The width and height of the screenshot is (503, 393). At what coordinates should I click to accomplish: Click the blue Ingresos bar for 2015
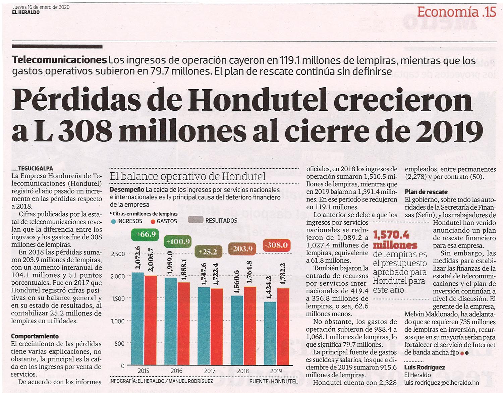point(137,319)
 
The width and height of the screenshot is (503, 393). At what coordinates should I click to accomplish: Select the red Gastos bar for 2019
point(283,327)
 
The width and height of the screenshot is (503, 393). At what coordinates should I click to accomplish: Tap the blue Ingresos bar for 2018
point(237,331)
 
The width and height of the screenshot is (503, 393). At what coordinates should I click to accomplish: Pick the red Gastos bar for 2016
point(183,324)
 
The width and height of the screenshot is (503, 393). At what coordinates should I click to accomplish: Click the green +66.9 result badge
point(145,234)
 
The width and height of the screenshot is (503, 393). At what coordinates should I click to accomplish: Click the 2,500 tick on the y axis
point(118,254)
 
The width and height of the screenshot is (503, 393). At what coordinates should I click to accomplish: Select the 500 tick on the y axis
point(120,343)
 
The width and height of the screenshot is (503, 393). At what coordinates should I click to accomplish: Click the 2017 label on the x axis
point(210,371)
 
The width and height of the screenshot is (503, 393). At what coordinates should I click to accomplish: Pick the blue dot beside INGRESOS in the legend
point(113,221)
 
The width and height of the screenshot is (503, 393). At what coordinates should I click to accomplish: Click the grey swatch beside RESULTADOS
point(196,220)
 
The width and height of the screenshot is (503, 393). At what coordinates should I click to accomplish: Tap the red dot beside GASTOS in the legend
point(153,222)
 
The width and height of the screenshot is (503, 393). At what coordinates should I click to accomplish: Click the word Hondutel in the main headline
point(258,99)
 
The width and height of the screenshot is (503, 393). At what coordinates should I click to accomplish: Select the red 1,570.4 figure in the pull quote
point(391,235)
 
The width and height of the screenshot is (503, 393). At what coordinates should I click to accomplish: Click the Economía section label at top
point(448,12)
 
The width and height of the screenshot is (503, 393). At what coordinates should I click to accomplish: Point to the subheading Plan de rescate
point(426,192)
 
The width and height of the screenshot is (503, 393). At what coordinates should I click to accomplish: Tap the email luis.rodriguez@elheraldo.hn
point(441,383)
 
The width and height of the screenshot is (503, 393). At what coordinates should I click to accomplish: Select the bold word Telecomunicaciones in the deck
point(59,60)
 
